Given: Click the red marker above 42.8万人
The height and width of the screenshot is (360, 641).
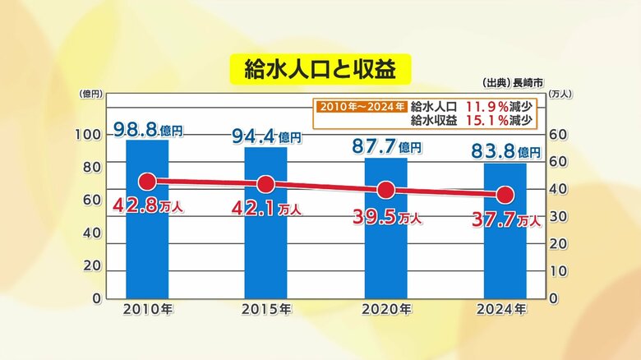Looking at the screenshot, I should click(147, 182).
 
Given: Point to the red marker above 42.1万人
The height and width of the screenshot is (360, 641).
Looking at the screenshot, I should click(265, 184).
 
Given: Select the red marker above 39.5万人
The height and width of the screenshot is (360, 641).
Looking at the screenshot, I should click(385, 191).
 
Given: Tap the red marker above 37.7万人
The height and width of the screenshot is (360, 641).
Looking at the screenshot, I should click(505, 195).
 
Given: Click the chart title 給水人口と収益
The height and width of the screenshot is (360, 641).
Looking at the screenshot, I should click(320, 69).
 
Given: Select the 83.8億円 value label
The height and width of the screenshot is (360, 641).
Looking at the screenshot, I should click(506, 152).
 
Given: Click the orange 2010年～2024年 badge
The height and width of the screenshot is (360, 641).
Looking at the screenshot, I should click(359, 106).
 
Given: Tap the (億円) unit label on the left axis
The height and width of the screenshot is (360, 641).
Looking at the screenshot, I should click(90, 94).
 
